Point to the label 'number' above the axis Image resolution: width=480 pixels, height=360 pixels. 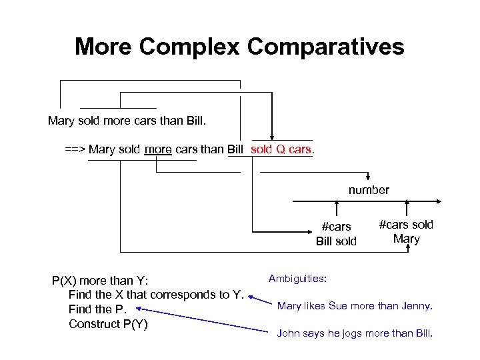(x=369, y=190)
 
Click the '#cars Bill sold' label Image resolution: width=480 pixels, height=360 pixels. (x=336, y=233)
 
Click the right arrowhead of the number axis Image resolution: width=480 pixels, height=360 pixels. (x=438, y=200)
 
